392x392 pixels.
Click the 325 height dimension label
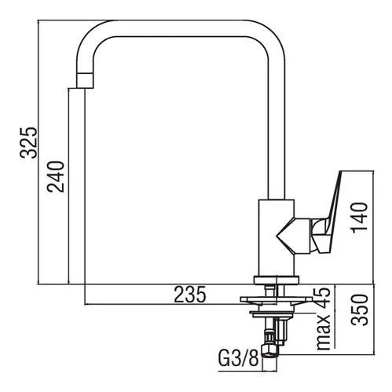click(x=28, y=143)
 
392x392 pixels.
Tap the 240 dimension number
click(x=55, y=177)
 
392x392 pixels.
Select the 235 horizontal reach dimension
click(x=190, y=295)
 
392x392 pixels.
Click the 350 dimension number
click(x=359, y=310)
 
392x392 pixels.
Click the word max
click(x=324, y=332)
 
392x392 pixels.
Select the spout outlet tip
click(x=85, y=81)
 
